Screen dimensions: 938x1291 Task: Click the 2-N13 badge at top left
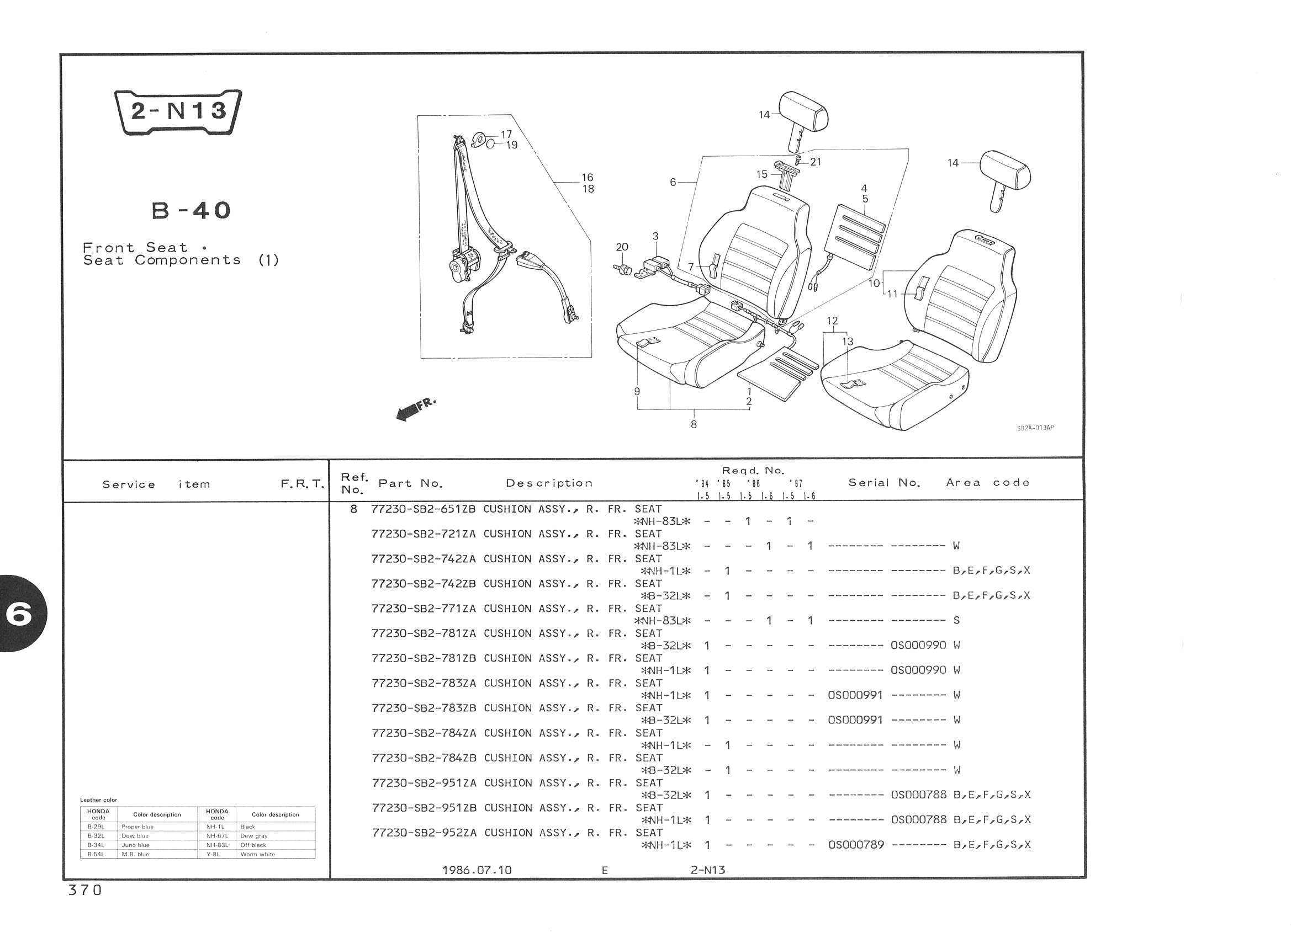pos(178,111)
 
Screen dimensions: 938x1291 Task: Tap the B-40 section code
pos(191,211)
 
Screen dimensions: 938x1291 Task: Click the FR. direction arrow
pos(416,409)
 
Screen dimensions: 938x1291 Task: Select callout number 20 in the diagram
pos(622,247)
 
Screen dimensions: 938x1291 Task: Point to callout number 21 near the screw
pos(816,162)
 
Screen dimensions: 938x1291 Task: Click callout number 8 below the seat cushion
pos(694,424)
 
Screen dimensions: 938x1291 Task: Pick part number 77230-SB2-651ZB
pos(423,509)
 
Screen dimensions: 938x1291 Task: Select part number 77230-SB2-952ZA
pos(424,833)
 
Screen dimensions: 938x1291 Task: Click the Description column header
pos(549,483)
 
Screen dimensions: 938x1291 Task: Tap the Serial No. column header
pos(884,483)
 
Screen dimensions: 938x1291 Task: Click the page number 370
pos(85,890)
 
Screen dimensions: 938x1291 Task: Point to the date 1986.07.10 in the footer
pos(477,870)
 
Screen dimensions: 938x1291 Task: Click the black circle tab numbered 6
pos(20,614)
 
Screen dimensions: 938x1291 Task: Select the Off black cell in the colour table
pos(253,845)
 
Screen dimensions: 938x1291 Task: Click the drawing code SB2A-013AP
pos(1035,428)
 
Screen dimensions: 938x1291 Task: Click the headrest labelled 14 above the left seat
pos(803,116)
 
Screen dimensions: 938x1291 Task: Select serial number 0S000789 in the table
pos(856,845)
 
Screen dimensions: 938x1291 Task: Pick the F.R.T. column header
pos(302,484)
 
